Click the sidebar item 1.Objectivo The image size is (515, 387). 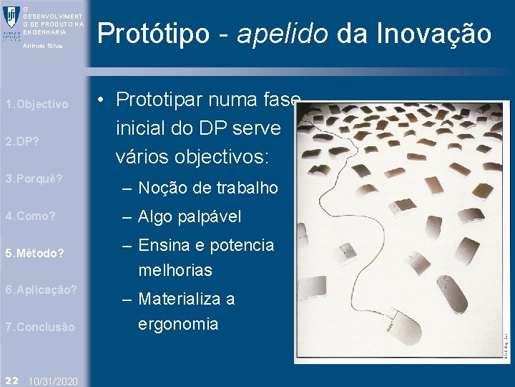(x=36, y=105)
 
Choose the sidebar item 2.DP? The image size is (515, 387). (x=22, y=141)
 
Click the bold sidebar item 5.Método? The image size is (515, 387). (x=34, y=253)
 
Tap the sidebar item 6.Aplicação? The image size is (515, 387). (x=41, y=290)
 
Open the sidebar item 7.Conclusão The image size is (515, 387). (x=39, y=327)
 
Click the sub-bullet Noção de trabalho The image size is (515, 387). (x=207, y=188)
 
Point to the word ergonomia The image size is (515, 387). (x=178, y=324)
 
